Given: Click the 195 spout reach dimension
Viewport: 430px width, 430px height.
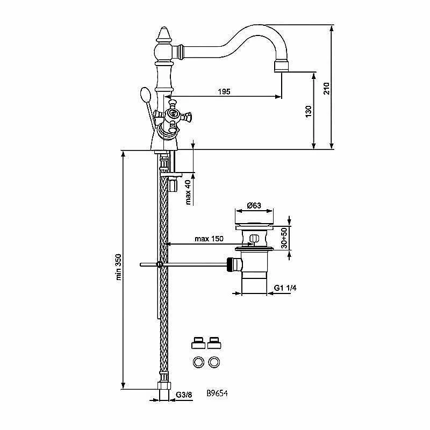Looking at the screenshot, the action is [x=224, y=91].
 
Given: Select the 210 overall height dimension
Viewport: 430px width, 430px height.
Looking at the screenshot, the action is [x=327, y=88].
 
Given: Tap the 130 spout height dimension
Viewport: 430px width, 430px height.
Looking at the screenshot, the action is [x=309, y=112].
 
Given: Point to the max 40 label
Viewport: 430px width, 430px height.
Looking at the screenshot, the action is [x=188, y=192].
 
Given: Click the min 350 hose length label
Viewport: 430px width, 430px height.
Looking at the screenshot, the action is [x=118, y=267].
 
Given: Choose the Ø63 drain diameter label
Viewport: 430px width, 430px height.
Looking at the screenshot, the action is [x=254, y=205].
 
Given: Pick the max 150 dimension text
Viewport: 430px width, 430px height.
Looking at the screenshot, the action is [x=209, y=239].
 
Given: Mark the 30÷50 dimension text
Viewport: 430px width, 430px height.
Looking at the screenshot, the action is [x=284, y=238].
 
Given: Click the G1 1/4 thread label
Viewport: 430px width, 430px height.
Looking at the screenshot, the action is [x=285, y=288].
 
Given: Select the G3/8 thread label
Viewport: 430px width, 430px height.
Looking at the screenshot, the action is [x=184, y=395].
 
